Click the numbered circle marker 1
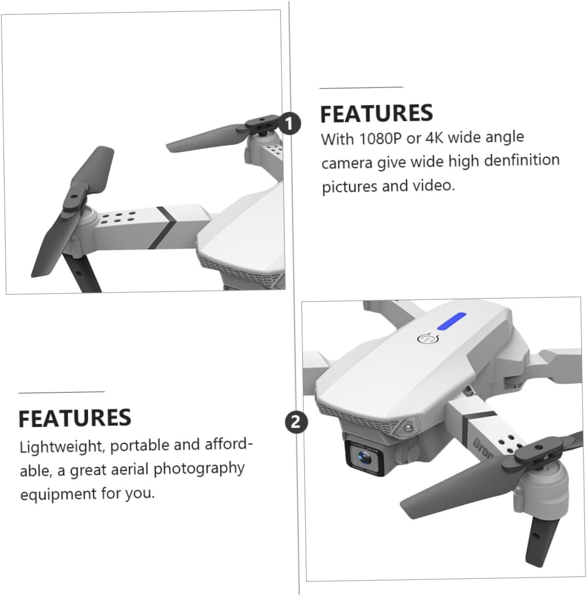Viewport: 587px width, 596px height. pyautogui.click(x=289, y=124)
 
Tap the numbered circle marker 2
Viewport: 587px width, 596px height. pyautogui.click(x=296, y=421)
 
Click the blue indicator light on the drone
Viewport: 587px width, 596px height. pyautogui.click(x=451, y=321)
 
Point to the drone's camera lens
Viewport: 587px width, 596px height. pyautogui.click(x=364, y=457)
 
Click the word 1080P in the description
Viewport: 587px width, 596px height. pyautogui.click(x=380, y=138)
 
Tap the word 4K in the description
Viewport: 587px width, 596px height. pyautogui.click(x=435, y=138)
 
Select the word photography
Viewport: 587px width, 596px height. pyautogui.click(x=199, y=469)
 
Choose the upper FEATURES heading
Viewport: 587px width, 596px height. pyautogui.click(x=376, y=113)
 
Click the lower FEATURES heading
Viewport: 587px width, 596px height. pyautogui.click(x=75, y=418)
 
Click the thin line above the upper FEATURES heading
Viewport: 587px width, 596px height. pyautogui.click(x=361, y=88)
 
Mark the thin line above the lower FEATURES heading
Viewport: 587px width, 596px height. pyautogui.click(x=61, y=392)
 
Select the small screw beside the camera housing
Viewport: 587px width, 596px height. pyautogui.click(x=408, y=427)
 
